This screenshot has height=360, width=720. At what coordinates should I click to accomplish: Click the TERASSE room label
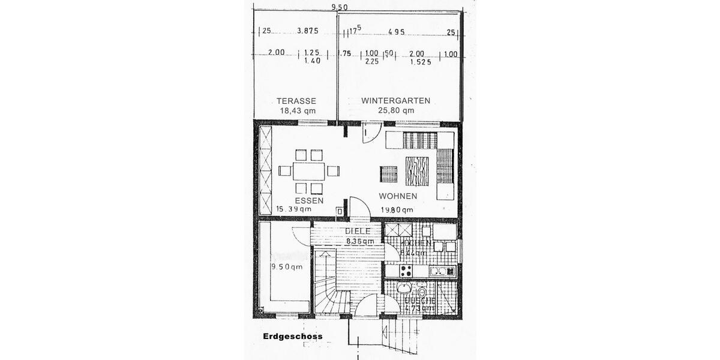tap(296, 101)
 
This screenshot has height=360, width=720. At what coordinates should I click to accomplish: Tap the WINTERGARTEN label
tap(396, 101)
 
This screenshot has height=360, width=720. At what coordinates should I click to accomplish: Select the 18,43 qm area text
tap(298, 110)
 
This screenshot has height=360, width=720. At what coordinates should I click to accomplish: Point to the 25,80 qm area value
tap(396, 110)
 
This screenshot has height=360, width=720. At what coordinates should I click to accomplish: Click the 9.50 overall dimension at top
tap(339, 7)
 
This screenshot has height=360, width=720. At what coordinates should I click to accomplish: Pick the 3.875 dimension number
tap(307, 31)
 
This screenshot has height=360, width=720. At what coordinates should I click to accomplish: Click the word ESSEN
tap(310, 200)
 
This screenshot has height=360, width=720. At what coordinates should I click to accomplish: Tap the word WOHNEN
tap(398, 196)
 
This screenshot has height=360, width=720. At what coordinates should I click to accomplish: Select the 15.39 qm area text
tap(294, 209)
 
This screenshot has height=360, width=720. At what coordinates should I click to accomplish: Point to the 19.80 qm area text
tap(397, 209)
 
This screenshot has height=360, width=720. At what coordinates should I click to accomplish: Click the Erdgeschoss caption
tap(292, 337)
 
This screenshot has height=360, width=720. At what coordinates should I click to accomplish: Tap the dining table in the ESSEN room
tap(308, 171)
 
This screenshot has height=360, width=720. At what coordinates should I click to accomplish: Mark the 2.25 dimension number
tap(371, 61)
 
